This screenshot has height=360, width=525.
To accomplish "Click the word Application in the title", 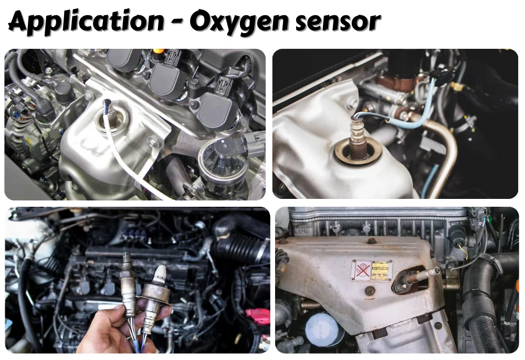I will point(86,22).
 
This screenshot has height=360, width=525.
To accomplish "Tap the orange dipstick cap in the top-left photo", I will point(158,51).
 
